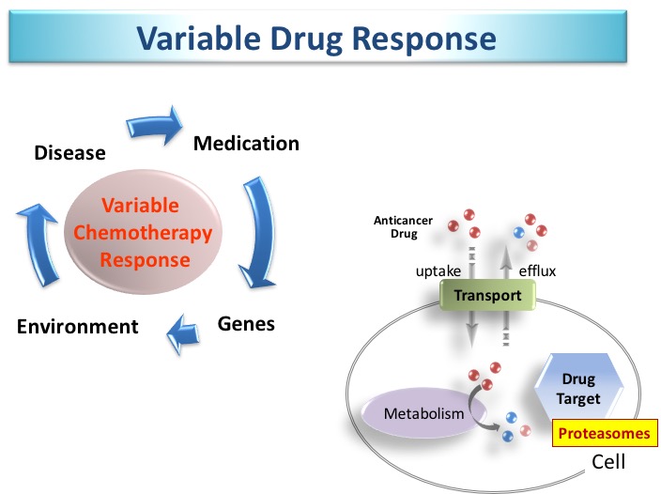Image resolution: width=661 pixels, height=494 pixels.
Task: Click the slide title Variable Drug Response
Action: pyautogui.click(x=315, y=38)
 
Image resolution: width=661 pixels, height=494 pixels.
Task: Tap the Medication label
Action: pyautogui.click(x=246, y=143)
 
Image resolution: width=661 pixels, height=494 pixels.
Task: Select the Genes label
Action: pyautogui.click(x=246, y=324)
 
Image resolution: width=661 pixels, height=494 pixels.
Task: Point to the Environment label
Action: pyautogui.click(x=78, y=327)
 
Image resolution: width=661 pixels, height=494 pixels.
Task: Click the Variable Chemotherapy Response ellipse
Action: pyautogui.click(x=144, y=232)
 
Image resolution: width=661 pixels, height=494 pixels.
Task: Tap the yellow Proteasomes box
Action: pyautogui.click(x=604, y=434)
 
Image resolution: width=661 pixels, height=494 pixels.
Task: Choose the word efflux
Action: pyautogui.click(x=537, y=271)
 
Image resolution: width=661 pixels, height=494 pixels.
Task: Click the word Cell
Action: pyautogui.click(x=608, y=462)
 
